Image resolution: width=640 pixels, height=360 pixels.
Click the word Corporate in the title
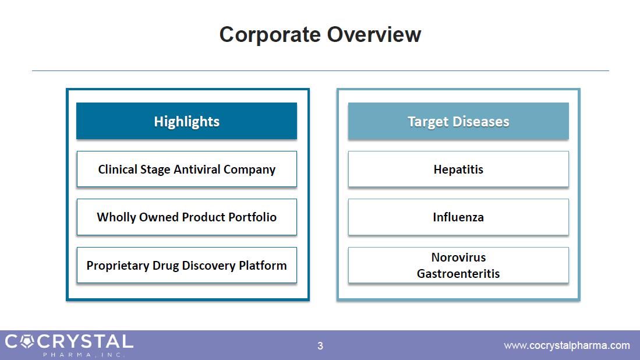click(270, 35)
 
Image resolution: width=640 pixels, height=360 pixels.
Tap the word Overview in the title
click(374, 34)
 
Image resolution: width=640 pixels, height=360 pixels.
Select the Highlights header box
click(186, 121)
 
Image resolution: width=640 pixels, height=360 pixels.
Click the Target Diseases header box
click(458, 121)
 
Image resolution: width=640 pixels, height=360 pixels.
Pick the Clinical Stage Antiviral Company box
click(186, 169)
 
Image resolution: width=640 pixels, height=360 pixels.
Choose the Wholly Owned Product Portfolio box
click(186, 217)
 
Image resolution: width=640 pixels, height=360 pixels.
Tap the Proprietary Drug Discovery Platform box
click(186, 265)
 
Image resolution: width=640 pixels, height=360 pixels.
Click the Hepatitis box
click(458, 169)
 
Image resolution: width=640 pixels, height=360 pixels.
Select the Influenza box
click(458, 217)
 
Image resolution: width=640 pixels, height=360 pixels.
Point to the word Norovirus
click(458, 257)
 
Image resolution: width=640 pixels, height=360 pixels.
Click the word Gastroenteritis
click(458, 273)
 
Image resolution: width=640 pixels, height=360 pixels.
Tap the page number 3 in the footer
click(320, 346)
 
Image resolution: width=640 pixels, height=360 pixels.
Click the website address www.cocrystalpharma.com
click(567, 345)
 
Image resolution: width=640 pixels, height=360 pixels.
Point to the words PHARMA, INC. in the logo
click(83, 355)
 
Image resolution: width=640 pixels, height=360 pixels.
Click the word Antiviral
click(197, 170)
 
